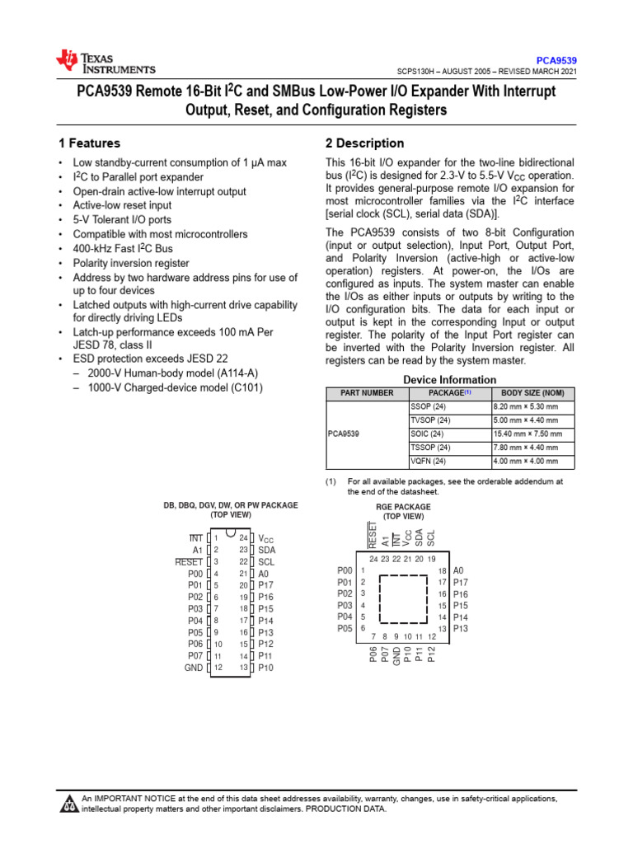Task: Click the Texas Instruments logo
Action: [105, 62]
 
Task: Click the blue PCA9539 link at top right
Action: [556, 60]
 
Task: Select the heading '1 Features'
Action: [89, 143]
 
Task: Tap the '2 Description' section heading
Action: [365, 143]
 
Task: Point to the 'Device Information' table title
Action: [449, 379]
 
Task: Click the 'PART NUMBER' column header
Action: [367, 393]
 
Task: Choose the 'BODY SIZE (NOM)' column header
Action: [532, 393]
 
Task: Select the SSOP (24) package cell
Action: [427, 406]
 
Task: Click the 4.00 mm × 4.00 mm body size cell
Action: [525, 461]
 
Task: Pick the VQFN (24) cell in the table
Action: [428, 461]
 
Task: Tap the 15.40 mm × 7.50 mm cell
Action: [527, 434]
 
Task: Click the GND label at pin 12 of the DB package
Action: [194, 668]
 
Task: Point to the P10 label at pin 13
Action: [265, 668]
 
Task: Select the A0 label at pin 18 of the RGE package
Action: [459, 570]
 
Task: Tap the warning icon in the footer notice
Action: [68, 804]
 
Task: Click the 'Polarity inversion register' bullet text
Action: [131, 262]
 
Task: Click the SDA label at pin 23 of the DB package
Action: [266, 550]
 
